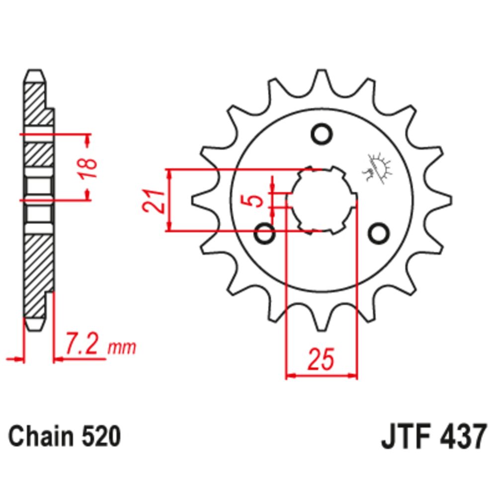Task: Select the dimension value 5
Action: (255, 200)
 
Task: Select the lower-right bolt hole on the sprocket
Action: (379, 232)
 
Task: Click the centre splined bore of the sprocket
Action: (322, 200)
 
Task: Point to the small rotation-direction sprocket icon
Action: (378, 167)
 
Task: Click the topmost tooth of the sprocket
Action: (322, 80)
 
